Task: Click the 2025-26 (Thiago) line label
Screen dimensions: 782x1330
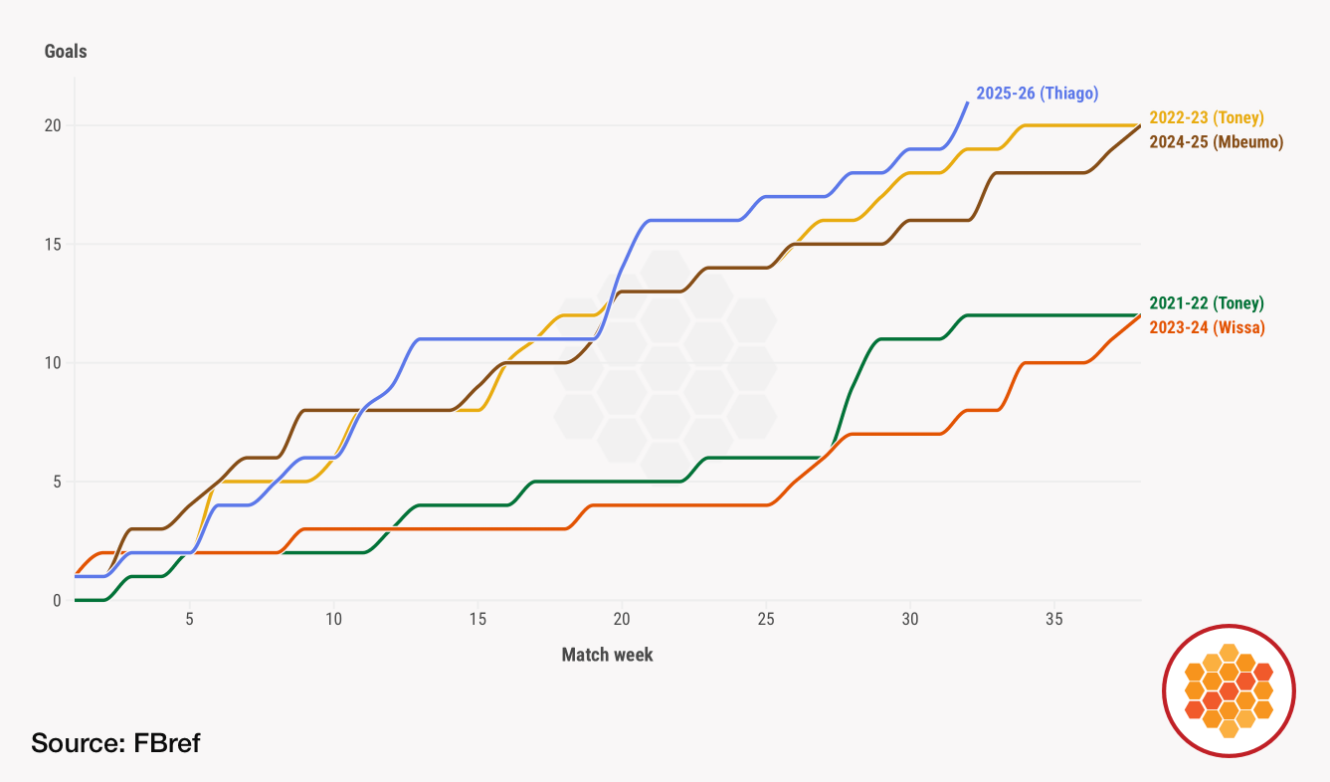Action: pos(1037,94)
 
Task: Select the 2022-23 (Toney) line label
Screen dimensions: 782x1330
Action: pos(1206,117)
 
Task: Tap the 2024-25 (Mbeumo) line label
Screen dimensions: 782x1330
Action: pos(1216,141)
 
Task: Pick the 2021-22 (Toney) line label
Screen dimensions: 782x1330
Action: pos(1206,303)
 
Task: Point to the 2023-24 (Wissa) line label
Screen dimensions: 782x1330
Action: pos(1207,327)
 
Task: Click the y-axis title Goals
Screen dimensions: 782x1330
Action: pos(66,52)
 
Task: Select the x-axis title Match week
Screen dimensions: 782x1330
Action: pos(607,655)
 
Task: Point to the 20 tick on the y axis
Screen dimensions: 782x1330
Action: pos(52,125)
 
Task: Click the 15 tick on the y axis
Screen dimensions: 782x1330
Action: pos(52,244)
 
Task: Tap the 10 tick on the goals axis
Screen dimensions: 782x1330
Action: pos(52,362)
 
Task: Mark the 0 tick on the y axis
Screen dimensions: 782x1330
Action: pos(56,600)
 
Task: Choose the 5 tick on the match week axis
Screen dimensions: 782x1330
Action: pos(189,619)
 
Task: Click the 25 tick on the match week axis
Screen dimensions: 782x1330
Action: pos(766,619)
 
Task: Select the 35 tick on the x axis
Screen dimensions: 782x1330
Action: pos(1054,619)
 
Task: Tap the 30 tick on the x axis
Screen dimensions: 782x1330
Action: pos(910,619)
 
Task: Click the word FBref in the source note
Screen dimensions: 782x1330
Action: pos(167,742)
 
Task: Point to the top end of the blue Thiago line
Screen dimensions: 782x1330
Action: pos(967,102)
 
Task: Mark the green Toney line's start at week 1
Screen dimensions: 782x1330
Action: pos(77,600)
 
